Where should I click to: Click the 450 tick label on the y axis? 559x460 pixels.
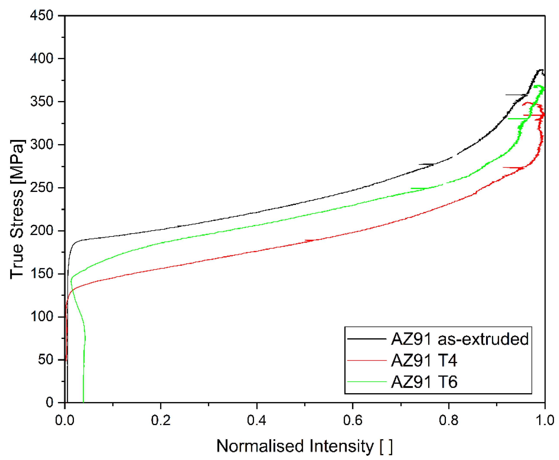click(x=42, y=15)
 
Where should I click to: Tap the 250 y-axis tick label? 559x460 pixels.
click(x=42, y=188)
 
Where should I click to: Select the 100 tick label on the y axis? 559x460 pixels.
click(x=42, y=316)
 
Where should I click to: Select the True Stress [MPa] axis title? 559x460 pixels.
click(x=18, y=209)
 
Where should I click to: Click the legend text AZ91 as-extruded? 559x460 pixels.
click(x=460, y=339)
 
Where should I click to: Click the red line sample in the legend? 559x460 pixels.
click(x=367, y=360)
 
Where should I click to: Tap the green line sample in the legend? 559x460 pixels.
click(x=367, y=382)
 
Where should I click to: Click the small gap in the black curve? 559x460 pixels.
click(x=455, y=156)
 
